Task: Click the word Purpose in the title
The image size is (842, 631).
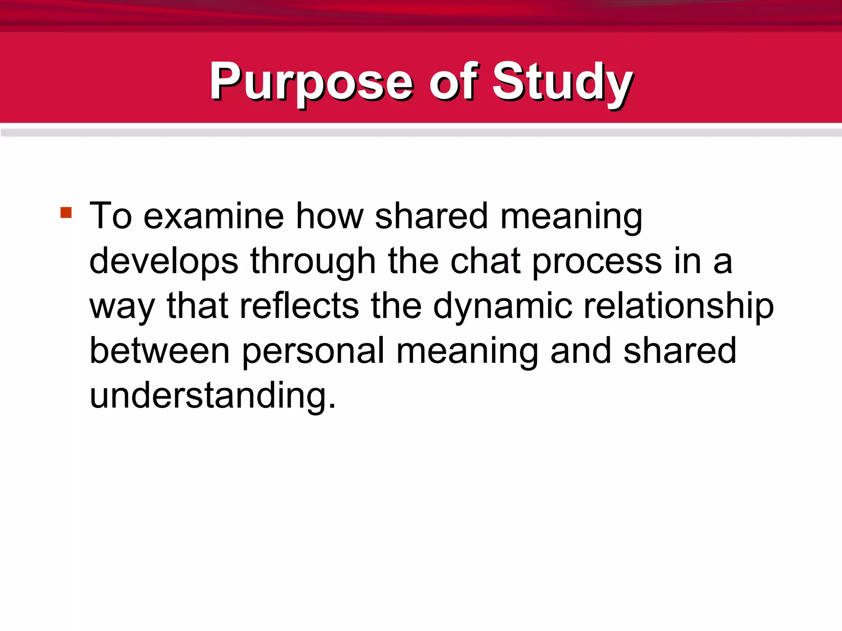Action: (x=311, y=82)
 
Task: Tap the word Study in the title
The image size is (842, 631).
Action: (x=562, y=82)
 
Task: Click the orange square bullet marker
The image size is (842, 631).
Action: (x=66, y=212)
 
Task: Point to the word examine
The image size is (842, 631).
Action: (x=213, y=216)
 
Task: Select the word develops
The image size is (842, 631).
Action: (x=164, y=262)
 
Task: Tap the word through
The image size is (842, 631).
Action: (x=313, y=262)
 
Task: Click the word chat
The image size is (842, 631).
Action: (x=486, y=262)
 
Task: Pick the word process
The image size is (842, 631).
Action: (x=597, y=262)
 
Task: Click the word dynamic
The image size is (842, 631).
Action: (x=502, y=306)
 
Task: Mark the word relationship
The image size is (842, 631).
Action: (x=678, y=306)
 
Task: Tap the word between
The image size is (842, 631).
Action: (x=160, y=351)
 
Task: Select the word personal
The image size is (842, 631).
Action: (x=313, y=351)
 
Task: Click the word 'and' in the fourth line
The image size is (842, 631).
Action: (x=581, y=351)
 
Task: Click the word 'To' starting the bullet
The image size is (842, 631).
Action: (x=111, y=216)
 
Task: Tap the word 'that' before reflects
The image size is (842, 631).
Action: (x=197, y=306)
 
